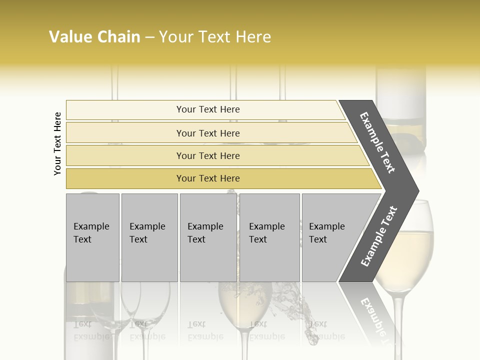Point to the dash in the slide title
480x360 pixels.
(149, 37)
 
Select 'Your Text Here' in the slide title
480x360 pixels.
(215, 37)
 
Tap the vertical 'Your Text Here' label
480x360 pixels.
(57, 143)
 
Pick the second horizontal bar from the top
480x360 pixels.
(208, 133)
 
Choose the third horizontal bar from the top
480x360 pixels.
(208, 155)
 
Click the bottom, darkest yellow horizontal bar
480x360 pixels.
(208, 178)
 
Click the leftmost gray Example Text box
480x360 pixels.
(92, 237)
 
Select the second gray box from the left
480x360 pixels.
(149, 237)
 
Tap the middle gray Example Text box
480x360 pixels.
(208, 237)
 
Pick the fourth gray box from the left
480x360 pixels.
(269, 237)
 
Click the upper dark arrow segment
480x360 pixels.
(379, 142)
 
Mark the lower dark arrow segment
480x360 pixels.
(379, 236)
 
